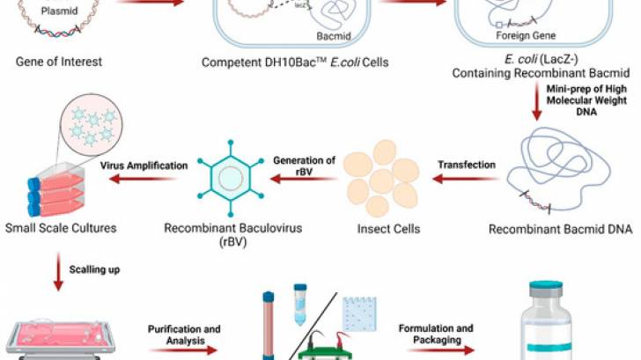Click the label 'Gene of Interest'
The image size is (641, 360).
(x=58, y=62)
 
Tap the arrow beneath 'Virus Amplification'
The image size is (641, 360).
(x=149, y=176)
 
